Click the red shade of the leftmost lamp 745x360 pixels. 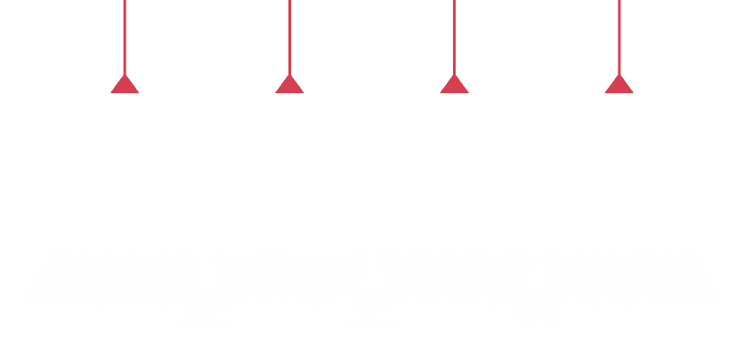pyautogui.click(x=125, y=86)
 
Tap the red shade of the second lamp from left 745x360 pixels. pyautogui.click(x=289, y=86)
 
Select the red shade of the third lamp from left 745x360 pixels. pyautogui.click(x=454, y=86)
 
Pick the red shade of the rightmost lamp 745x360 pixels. pyautogui.click(x=618, y=86)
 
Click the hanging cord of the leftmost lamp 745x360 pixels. pyautogui.click(x=124, y=36)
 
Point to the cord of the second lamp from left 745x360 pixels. pyautogui.click(x=288, y=36)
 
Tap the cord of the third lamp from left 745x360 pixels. pyautogui.click(x=454, y=36)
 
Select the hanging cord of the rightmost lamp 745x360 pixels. pyautogui.click(x=618, y=36)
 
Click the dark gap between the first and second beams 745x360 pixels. pyautogui.click(x=207, y=136)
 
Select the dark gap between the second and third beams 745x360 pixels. pyautogui.click(x=372, y=136)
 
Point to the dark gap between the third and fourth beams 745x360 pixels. pyautogui.click(x=536, y=136)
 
